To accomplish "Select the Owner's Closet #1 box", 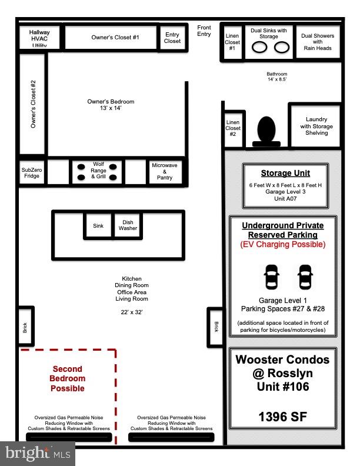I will click(x=112, y=38).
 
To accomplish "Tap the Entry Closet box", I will click(x=172, y=38).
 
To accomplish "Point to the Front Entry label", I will click(x=204, y=31).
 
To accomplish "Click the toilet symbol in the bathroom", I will click(x=266, y=129).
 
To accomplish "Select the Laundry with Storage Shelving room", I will click(x=316, y=126).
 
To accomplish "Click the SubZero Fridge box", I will click(x=32, y=172).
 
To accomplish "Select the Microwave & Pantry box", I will click(x=165, y=171).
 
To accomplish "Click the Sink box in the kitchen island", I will click(x=98, y=225).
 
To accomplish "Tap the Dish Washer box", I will click(x=128, y=225).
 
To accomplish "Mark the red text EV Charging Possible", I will click(x=283, y=244).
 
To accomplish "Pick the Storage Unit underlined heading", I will click(x=285, y=174).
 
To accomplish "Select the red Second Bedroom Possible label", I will click(x=68, y=378).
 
